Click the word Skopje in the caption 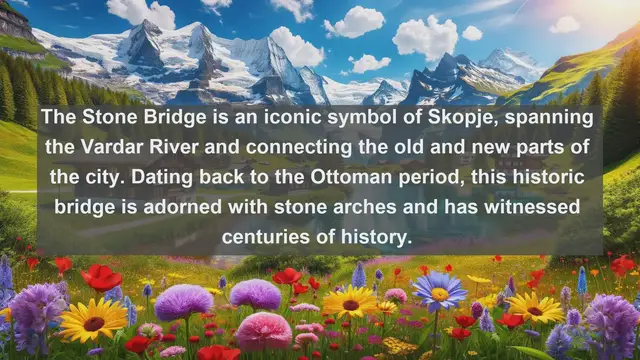(468, 119)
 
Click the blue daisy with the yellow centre (439, 291)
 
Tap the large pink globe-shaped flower (263, 330)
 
